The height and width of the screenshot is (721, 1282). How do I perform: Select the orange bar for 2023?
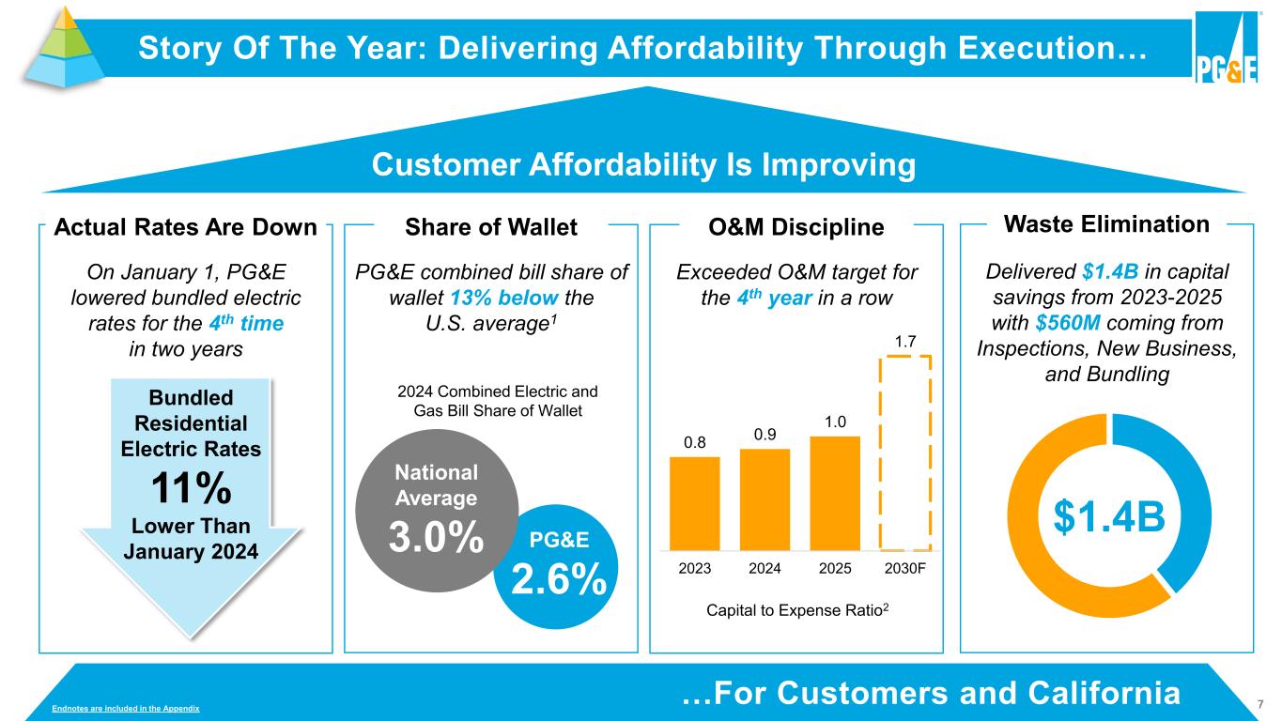694,503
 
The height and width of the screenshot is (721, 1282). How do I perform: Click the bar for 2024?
765,499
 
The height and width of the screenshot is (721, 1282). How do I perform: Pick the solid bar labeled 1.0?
834,493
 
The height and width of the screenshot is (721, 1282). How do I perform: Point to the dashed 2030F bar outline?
905,453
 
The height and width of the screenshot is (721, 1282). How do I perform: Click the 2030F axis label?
905,569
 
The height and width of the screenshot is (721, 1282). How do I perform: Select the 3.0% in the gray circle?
438,537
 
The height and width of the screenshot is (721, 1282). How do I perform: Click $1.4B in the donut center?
1111,515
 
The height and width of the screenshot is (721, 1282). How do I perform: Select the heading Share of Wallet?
490,227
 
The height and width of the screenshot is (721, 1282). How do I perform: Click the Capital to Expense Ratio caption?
795,610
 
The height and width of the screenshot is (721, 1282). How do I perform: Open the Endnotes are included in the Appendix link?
125,706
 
